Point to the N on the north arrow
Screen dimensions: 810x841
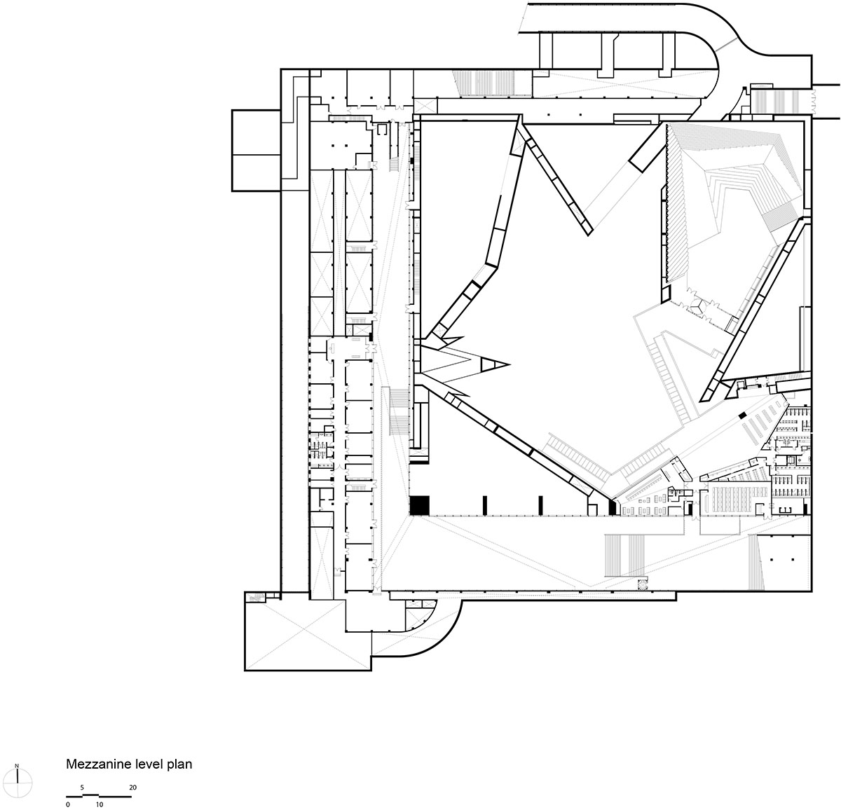(16, 765)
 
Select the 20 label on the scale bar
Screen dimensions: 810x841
(132, 788)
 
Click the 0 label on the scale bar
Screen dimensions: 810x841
(67, 804)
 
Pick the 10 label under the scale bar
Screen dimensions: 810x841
(100, 804)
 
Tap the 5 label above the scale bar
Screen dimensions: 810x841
(83, 788)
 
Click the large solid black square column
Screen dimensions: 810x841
(419, 505)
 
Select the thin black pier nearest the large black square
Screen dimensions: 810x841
(484, 505)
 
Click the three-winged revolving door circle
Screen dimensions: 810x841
(699, 306)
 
